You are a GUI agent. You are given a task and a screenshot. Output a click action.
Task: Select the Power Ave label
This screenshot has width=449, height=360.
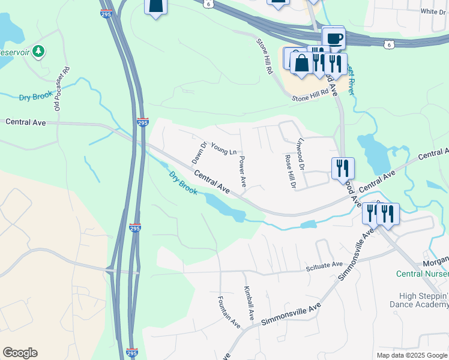(243, 172)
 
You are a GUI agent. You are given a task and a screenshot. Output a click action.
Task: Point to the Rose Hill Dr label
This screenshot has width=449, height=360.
(289, 172)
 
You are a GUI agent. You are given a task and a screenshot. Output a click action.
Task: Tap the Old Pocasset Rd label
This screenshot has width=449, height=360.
(62, 88)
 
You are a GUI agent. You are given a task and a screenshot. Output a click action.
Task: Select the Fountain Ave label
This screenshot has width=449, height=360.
(229, 312)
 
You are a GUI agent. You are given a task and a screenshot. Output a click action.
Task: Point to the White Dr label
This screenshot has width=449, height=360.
(433, 11)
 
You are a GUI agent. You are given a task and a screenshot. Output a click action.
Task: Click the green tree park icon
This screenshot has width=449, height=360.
(39, 51)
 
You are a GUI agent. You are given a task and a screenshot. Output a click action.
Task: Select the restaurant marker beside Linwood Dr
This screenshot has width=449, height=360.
(343, 168)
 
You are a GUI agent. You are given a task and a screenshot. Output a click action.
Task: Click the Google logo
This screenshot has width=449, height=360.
(20, 353)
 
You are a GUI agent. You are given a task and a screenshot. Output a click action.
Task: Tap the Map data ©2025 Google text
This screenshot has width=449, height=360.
(411, 355)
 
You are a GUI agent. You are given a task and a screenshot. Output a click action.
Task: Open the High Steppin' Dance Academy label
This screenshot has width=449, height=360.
(424, 301)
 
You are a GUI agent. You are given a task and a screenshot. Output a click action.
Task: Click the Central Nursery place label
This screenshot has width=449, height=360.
(422, 274)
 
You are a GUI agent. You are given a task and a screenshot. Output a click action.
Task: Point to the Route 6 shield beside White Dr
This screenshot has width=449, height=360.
(390, 44)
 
